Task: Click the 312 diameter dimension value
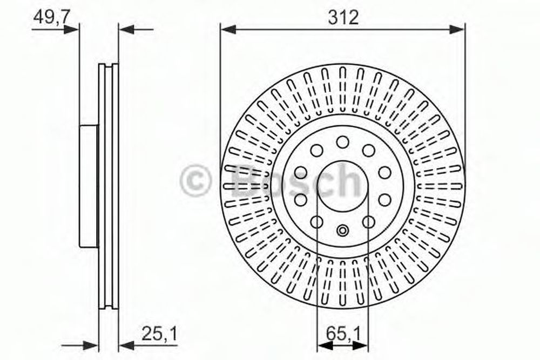[343, 17]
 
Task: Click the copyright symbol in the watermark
[195, 181]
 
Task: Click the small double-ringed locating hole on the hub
[342, 230]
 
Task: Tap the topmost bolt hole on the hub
[343, 142]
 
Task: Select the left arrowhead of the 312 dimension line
[228, 30]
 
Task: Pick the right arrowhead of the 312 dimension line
[457, 30]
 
